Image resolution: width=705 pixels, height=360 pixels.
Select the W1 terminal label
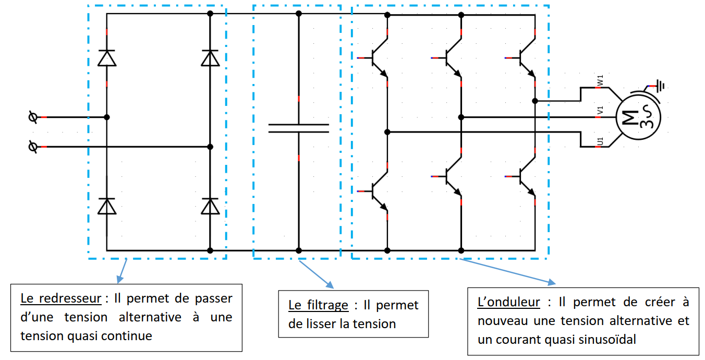600,80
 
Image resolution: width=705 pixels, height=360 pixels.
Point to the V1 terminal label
600,110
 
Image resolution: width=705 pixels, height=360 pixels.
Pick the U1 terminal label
600,141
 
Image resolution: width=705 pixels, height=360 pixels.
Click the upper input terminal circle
33,117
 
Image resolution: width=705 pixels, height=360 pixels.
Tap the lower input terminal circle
33,147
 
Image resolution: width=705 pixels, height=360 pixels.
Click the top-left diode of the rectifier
107,58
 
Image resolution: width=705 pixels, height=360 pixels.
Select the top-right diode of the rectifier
210,58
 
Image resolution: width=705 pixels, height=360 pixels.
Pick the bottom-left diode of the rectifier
107,206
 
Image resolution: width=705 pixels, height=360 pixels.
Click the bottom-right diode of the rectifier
210,206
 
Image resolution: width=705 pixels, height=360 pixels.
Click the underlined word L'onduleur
508,302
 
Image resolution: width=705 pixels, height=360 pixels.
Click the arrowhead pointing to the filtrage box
330,285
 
